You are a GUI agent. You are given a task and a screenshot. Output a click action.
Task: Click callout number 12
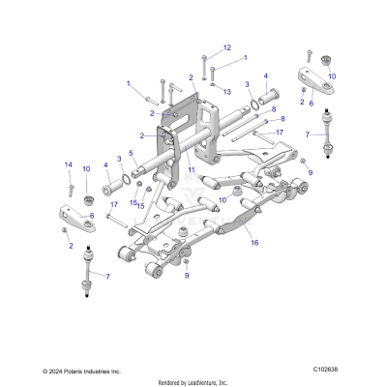point(226,47)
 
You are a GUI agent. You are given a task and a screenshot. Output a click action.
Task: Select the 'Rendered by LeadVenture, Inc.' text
point(193,380)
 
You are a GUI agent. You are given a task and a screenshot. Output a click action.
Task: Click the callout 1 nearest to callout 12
point(244,58)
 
